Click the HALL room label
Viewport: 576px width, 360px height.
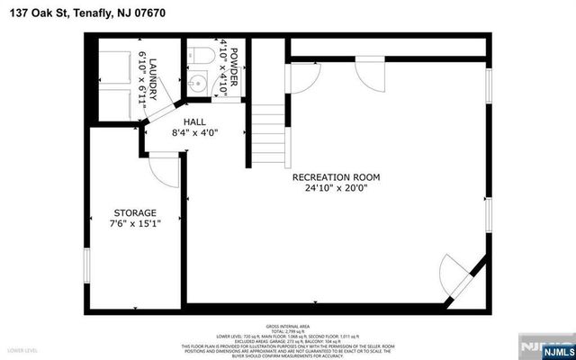pyautogui.click(x=194, y=121)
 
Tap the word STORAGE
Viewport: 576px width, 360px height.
pyautogui.click(x=133, y=212)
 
